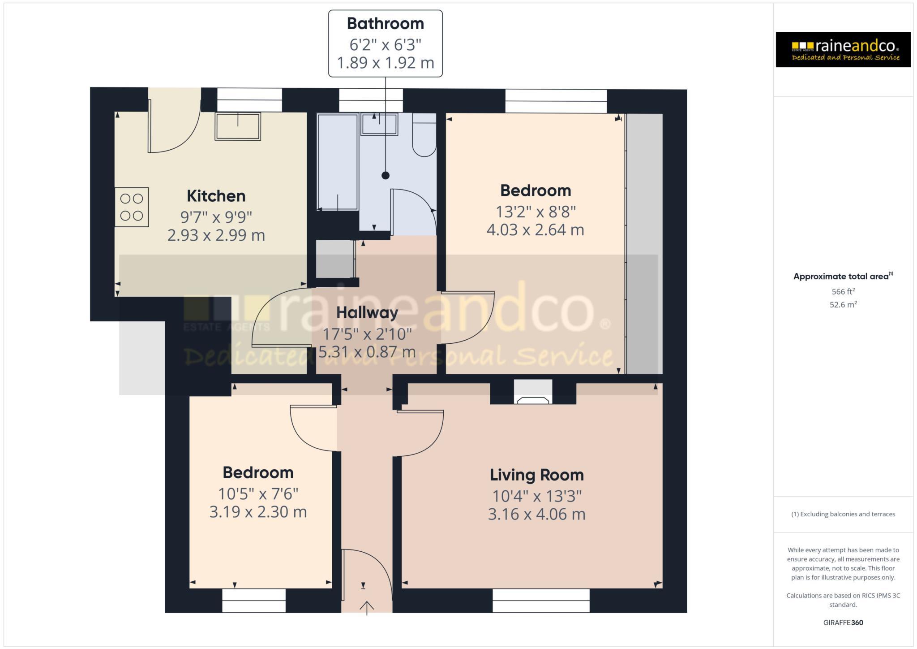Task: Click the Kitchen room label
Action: tap(216, 196)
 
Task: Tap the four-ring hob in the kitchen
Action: tap(132, 207)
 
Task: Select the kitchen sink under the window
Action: tap(238, 126)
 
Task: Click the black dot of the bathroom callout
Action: tap(386, 176)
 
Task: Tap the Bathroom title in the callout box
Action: tap(385, 24)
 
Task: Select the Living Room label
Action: tap(536, 475)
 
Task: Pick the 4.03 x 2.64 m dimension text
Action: tap(535, 230)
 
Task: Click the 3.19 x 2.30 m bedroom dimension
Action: tap(258, 512)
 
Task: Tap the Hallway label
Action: tap(367, 312)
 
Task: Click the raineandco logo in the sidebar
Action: tap(843, 49)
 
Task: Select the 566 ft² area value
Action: tap(843, 292)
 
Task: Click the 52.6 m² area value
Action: tap(843, 305)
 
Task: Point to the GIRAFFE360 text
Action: tap(843, 623)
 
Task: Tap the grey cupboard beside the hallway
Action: tap(335, 259)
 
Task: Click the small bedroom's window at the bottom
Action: tap(254, 601)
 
